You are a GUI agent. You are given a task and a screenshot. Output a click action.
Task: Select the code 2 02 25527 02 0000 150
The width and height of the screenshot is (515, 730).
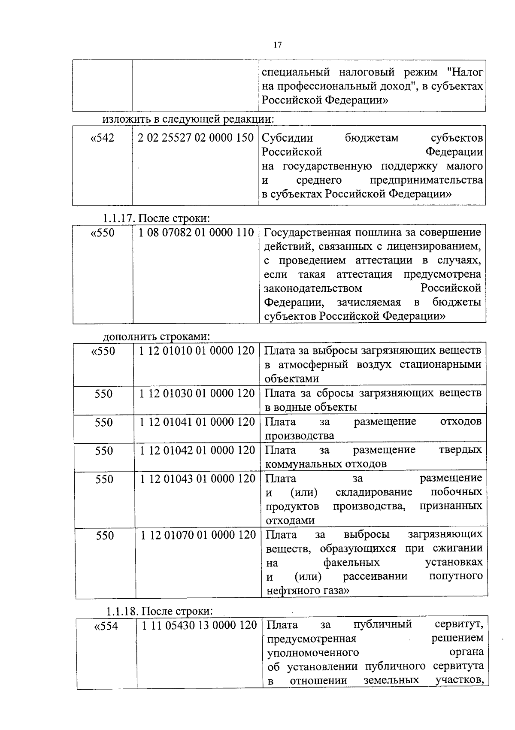196,138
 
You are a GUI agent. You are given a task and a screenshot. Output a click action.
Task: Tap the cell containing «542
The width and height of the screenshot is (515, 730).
103,139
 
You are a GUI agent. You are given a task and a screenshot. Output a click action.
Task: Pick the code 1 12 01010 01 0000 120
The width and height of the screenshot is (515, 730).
197,351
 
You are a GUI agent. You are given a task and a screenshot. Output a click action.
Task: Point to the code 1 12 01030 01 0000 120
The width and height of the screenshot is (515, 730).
197,394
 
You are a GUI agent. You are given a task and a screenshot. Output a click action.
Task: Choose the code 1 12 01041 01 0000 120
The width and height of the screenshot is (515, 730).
197,422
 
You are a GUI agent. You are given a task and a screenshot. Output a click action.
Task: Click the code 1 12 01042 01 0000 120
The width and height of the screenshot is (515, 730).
197,451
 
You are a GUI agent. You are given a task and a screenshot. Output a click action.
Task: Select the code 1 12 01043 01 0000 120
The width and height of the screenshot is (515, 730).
198,479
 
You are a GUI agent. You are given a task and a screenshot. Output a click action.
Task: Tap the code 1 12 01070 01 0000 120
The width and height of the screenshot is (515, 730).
198,535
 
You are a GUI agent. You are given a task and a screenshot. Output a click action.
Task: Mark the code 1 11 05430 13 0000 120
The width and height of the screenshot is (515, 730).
199,625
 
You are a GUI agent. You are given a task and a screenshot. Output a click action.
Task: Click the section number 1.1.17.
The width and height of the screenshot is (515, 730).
119,218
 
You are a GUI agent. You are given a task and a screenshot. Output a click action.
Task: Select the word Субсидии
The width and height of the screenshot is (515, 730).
287,138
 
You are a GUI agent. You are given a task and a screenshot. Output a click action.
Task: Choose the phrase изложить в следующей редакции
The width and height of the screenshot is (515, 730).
188,118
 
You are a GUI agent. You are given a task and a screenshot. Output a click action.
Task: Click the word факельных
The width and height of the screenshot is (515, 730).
351,563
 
